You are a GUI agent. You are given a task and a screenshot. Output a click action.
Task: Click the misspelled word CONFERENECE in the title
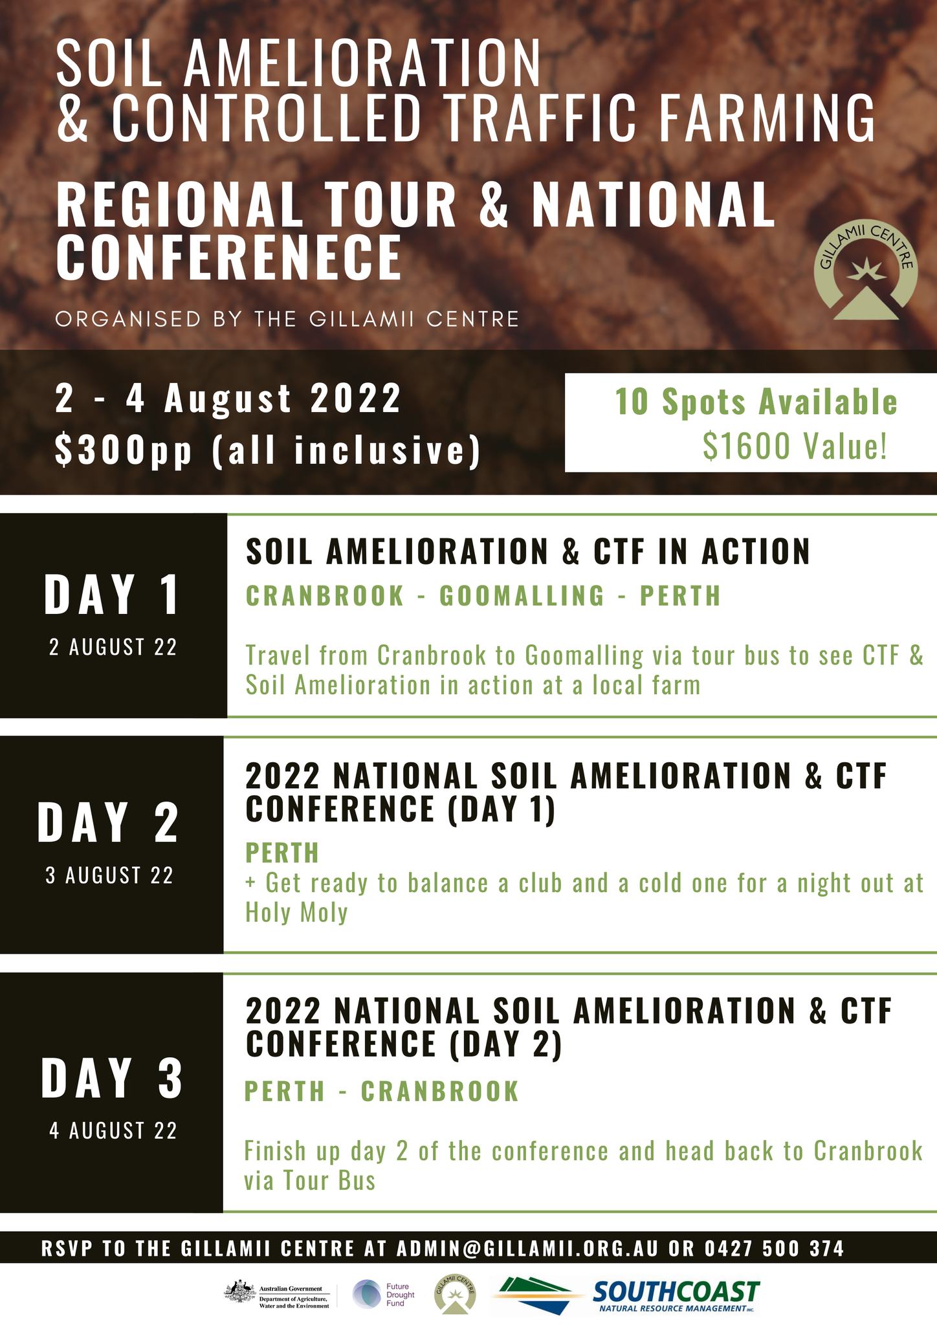click(228, 257)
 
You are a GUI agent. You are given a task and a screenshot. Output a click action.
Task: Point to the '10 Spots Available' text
click(756, 402)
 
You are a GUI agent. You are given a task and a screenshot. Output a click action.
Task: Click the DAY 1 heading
click(112, 595)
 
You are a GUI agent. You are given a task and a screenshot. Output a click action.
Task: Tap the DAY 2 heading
click(108, 822)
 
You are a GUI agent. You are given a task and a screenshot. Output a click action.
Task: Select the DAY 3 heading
click(112, 1078)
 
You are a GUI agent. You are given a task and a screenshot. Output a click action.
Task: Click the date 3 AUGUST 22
click(110, 875)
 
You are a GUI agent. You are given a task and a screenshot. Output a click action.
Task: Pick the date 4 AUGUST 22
click(113, 1131)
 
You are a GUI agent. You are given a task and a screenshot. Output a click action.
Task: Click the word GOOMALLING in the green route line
click(522, 595)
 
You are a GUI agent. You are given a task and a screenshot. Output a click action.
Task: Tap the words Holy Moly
click(296, 913)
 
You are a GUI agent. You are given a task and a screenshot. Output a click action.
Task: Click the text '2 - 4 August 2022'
click(228, 399)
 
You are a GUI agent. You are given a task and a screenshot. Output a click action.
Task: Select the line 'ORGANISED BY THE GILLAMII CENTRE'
click(287, 319)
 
